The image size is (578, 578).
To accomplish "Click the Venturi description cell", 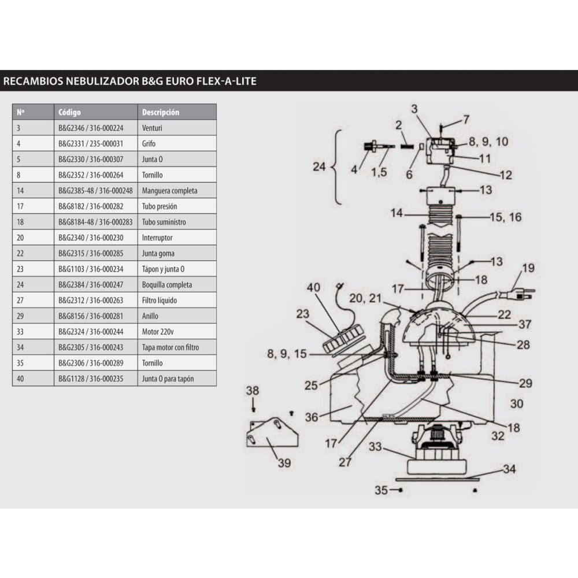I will tap(153, 128).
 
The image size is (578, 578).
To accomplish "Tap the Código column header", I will tap(70, 112).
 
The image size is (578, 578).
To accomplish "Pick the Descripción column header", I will tap(161, 112).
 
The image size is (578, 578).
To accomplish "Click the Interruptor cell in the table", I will tap(157, 238).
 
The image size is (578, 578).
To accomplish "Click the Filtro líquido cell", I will tap(160, 301).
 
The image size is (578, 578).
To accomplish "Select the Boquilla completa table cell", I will tap(167, 285).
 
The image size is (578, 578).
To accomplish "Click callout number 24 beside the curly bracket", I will tap(320, 167).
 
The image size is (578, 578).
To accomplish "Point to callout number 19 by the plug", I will tap(528, 268).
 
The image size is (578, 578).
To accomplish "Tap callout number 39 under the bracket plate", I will tap(284, 462).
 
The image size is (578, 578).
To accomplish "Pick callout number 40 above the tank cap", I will tap(313, 287).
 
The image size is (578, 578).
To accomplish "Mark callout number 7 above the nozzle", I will tap(466, 120).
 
